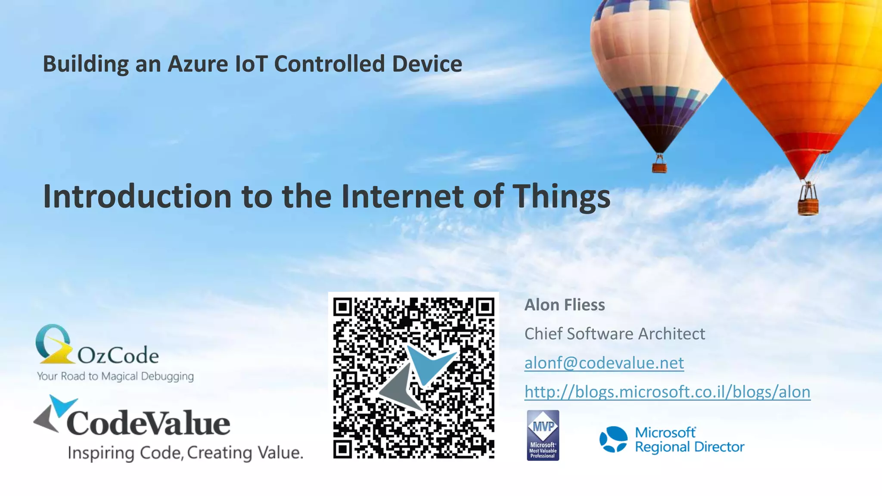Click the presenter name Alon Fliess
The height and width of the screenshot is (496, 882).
564,305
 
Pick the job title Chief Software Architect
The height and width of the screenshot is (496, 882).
615,334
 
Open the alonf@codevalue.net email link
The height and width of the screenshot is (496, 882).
604,363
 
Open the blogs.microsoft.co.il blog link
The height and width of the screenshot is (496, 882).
667,392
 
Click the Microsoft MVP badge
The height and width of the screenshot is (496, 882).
543,435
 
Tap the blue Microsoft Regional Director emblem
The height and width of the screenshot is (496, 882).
613,440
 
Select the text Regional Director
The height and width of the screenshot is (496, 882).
689,447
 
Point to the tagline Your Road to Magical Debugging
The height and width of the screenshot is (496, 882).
115,376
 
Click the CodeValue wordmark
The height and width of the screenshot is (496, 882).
148,423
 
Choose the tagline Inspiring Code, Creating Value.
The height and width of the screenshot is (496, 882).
186,453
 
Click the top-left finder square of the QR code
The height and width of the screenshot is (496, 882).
343,307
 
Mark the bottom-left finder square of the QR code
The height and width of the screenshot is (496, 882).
343,449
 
